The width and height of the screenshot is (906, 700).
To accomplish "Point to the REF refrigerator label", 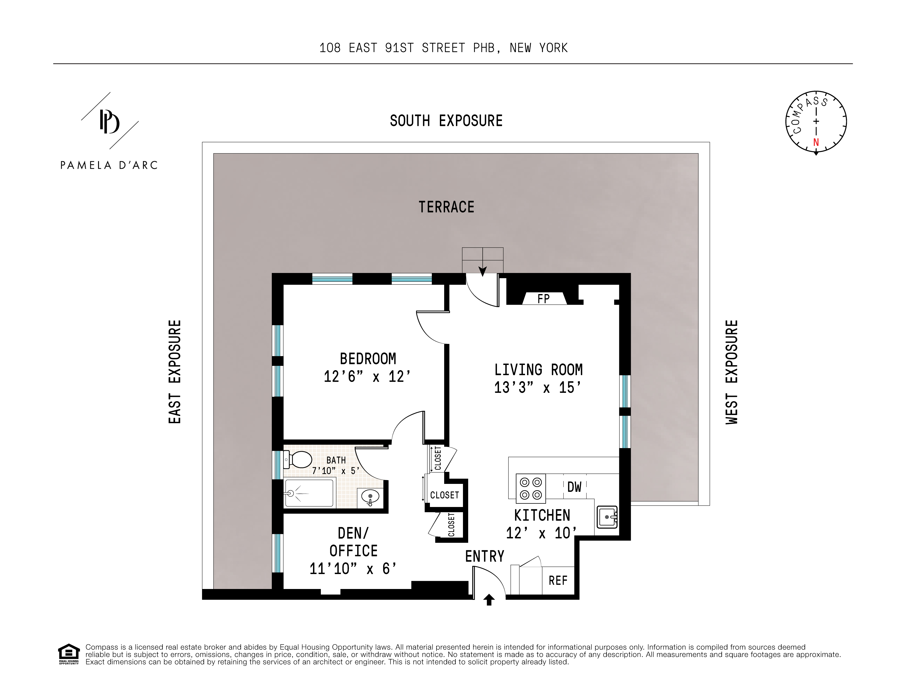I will click(558, 580).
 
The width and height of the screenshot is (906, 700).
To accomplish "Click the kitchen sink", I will click(607, 517).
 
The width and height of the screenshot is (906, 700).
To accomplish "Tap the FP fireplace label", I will click(543, 299).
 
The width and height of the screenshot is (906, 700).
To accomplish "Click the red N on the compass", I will click(816, 142).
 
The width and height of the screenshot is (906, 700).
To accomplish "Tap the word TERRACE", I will click(446, 207).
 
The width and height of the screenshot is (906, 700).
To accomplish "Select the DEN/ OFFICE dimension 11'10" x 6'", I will click(353, 568).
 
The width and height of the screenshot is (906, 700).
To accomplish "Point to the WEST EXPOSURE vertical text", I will click(732, 372).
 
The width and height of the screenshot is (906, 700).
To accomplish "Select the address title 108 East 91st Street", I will click(443, 48).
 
